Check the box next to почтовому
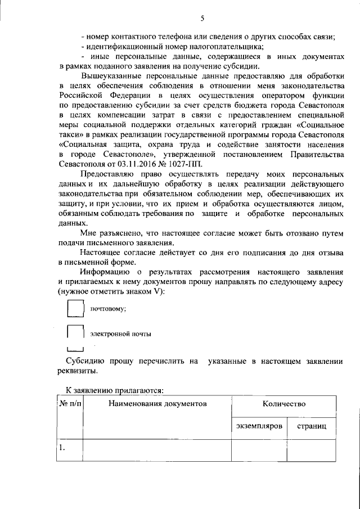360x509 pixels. point(75,308)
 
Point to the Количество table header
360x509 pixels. point(283,404)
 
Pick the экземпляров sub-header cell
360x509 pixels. point(259,426)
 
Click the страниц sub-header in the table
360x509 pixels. point(312,426)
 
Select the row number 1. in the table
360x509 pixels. point(64,448)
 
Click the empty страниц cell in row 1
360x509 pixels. point(312,450)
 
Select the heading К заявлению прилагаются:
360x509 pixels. point(114,389)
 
